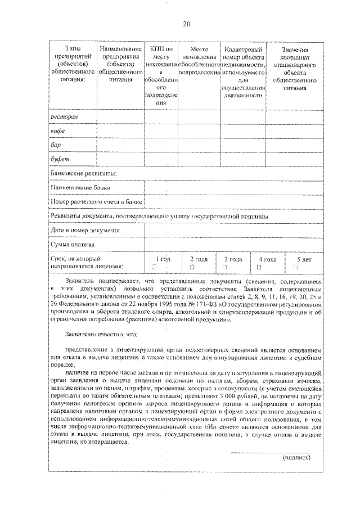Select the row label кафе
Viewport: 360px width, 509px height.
58,131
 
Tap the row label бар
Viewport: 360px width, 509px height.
56,145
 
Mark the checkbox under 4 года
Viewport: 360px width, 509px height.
259,267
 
